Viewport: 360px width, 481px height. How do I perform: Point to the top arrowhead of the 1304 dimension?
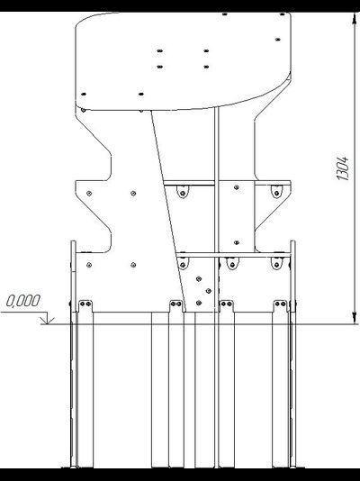(354, 18)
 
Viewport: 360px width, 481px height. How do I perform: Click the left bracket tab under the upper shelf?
(184, 191)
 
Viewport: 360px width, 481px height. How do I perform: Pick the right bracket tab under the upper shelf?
(275, 190)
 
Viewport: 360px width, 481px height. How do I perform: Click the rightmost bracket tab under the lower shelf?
(276, 263)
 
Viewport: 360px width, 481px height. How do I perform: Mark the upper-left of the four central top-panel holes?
(160, 50)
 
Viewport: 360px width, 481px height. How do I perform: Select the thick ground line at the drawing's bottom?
(180, 467)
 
